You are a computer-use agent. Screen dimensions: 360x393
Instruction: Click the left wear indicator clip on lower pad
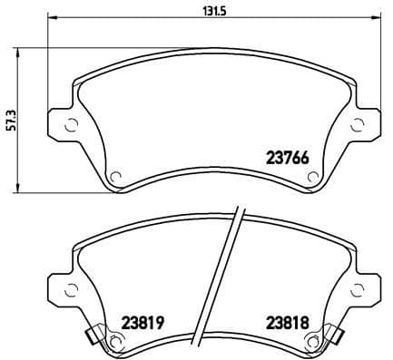click(x=91, y=336)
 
